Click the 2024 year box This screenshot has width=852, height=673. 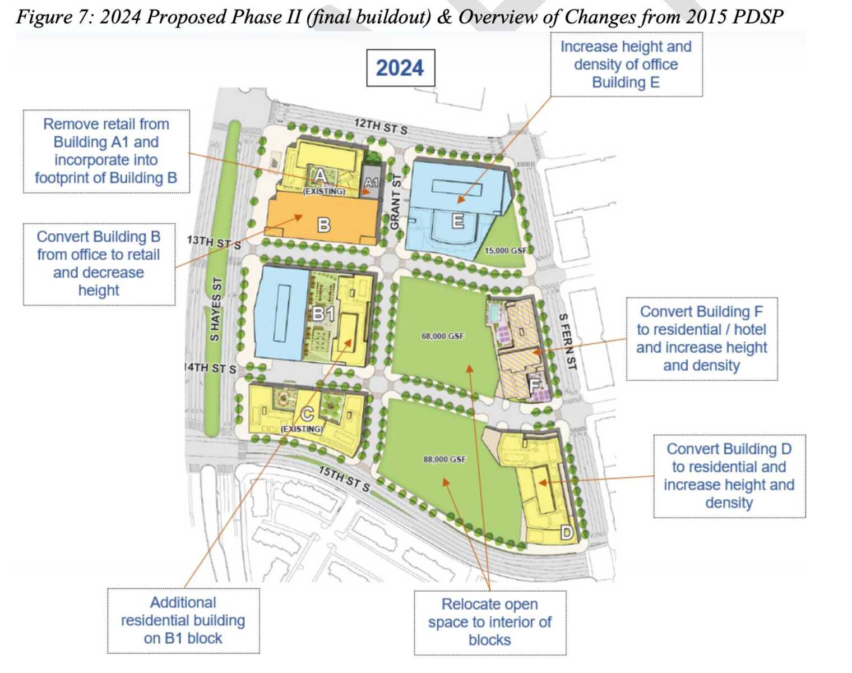pos(400,68)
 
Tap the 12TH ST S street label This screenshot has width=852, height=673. pos(381,126)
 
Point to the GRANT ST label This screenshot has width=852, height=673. pos(395,202)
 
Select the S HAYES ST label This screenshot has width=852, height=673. pos(216,309)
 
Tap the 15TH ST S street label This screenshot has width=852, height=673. pos(344,479)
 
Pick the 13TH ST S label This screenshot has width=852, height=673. pos(214,242)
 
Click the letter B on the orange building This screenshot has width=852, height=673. pos(324,225)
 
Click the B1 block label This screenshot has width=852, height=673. pos(323,314)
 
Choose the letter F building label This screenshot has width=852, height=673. pos(534,385)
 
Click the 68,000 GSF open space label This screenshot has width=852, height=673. pos(443,336)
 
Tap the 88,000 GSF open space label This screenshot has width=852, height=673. pos(444,459)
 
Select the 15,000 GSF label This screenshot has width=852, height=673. pos(506,250)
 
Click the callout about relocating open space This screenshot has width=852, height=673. pos(490,623)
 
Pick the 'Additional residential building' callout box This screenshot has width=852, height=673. pos(183,621)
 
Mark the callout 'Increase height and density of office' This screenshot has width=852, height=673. pos(626,64)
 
